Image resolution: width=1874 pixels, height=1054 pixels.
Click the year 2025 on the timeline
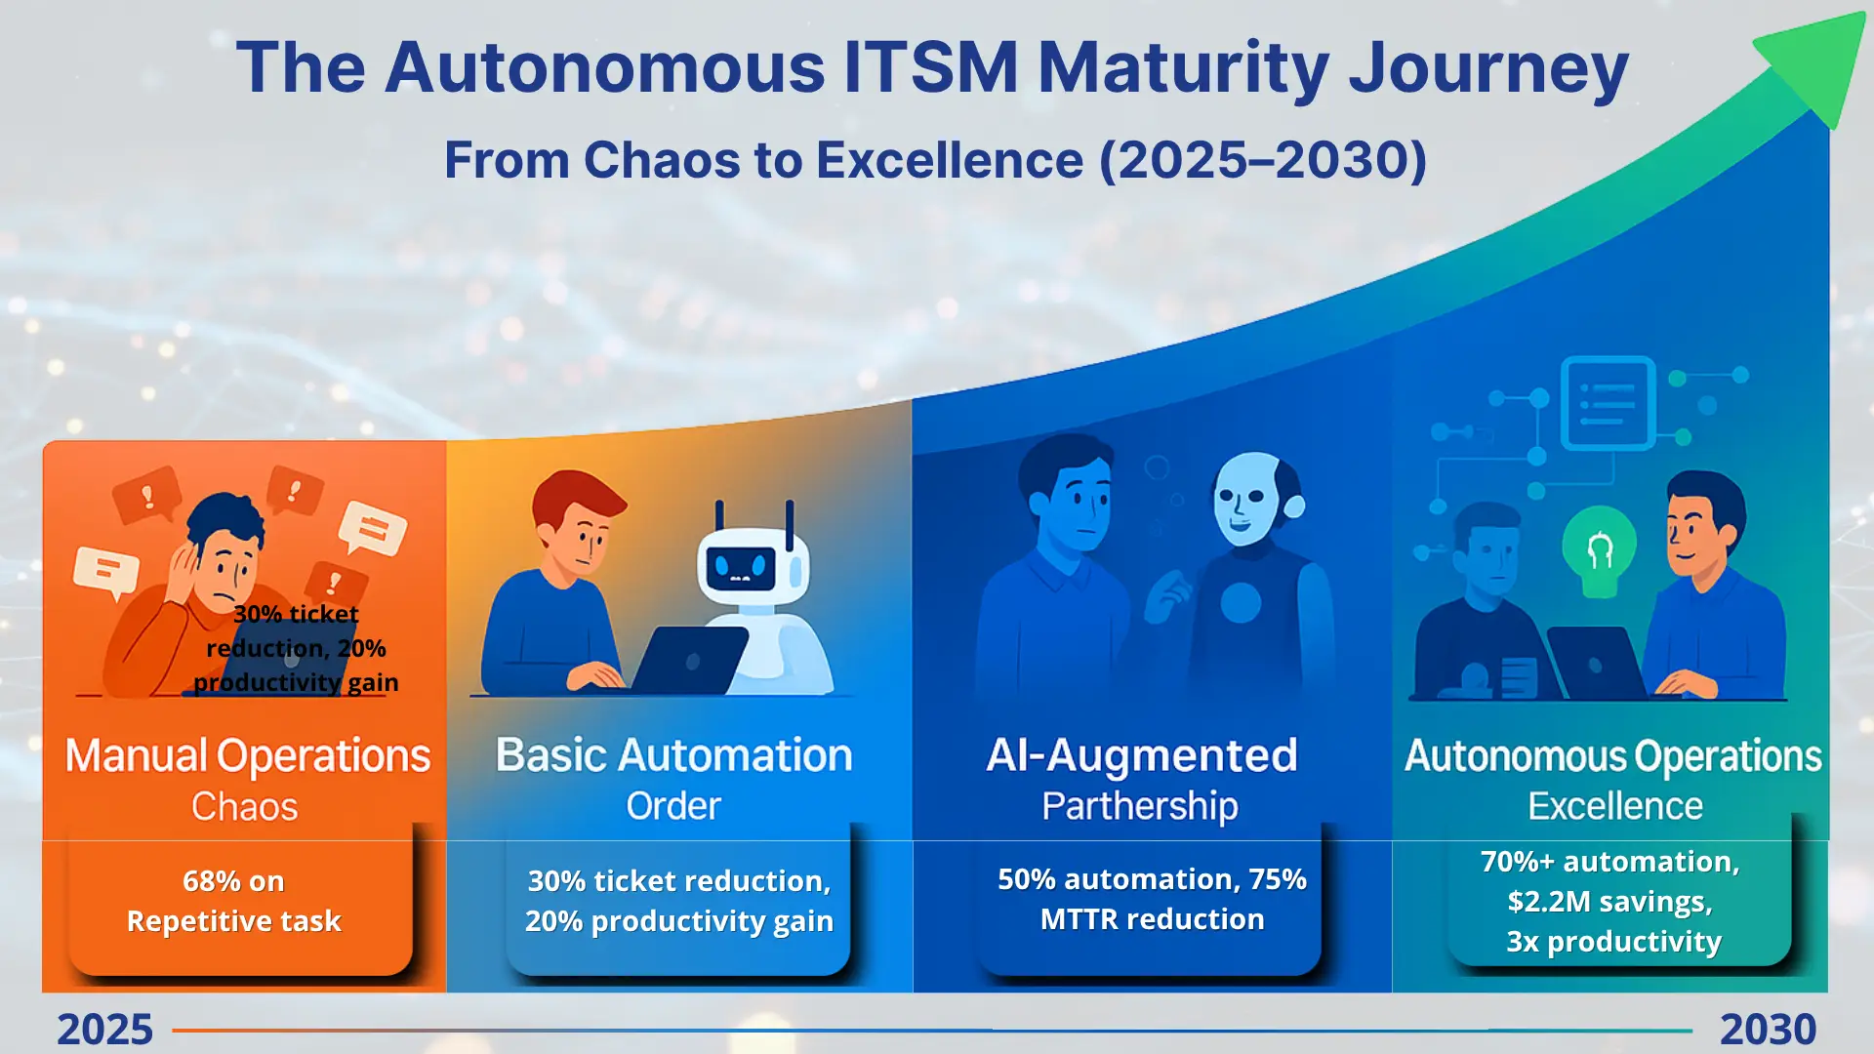(x=104, y=1030)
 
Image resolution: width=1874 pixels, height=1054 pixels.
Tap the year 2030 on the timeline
(x=1768, y=1030)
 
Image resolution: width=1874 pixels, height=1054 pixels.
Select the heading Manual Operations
(x=248, y=756)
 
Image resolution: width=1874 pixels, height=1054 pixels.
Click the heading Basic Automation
(x=673, y=755)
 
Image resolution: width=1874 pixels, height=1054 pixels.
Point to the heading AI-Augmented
(x=1142, y=755)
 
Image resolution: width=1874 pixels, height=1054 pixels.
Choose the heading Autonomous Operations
(x=1613, y=756)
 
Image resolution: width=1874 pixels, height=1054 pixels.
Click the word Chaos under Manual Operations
(x=244, y=807)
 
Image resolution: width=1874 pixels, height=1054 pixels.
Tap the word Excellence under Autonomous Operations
(x=1615, y=806)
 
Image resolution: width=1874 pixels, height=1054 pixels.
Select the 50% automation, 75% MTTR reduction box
(x=1150, y=900)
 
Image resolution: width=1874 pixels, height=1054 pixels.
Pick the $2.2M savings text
(x=1609, y=902)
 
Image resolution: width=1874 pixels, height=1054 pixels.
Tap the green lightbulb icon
(x=1600, y=551)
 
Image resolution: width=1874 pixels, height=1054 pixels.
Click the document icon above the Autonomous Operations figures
(x=1608, y=403)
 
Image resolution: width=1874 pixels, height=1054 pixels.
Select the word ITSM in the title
(x=931, y=67)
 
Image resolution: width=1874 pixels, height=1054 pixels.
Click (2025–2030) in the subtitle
(x=1263, y=160)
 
